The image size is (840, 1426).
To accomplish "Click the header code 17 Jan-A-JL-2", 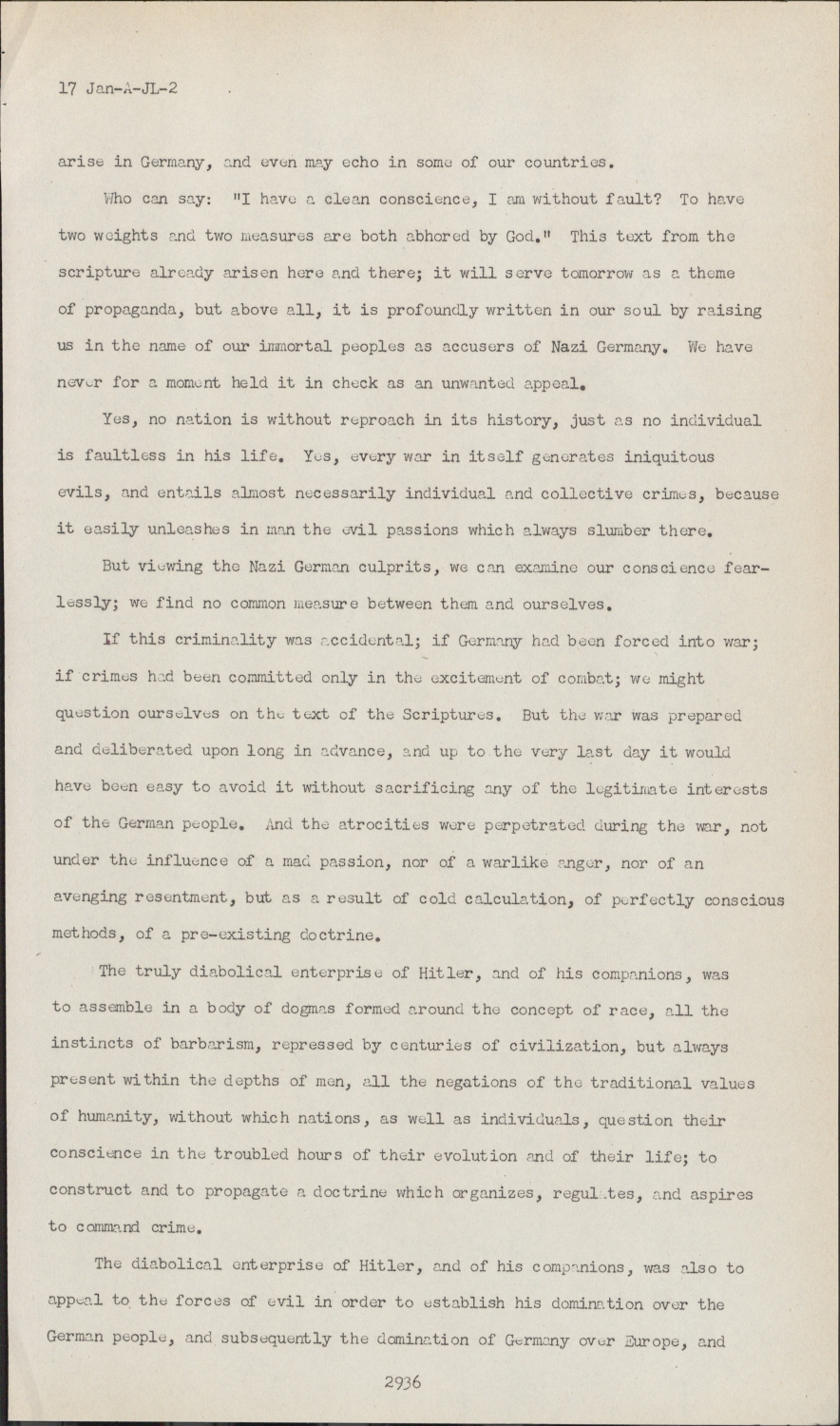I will pyautogui.click(x=119, y=89).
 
